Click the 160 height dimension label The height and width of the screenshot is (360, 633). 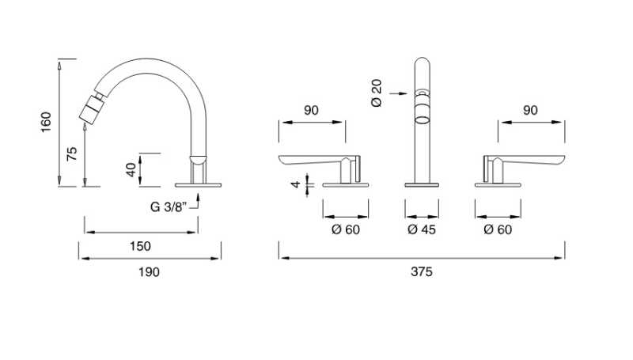coord(46,123)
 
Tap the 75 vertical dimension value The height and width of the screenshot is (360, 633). coord(72,153)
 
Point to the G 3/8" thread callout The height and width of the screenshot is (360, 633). coord(168,207)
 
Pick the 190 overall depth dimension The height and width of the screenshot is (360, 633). coord(148,271)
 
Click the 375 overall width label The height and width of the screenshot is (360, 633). coord(421,271)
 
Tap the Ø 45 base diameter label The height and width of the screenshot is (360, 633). coord(421,229)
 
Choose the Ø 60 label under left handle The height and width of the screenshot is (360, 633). coord(345,229)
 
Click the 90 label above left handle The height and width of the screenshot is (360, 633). coord(311,111)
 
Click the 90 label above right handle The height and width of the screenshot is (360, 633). coord(530,111)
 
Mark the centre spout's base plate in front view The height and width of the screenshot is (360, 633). coord(422,184)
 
